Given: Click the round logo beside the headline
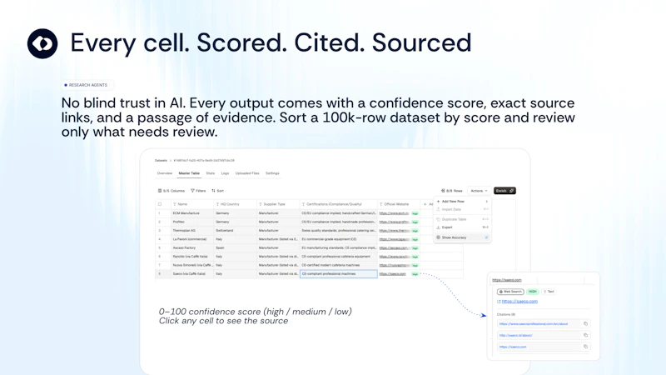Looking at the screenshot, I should pos(42,43).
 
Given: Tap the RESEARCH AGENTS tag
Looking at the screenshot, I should pos(86,85).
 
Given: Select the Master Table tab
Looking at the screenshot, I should pos(189,173).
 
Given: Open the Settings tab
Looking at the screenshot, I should pos(272,173).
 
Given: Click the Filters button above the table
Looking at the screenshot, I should pos(198,191).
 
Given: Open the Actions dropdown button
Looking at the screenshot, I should pos(479,191).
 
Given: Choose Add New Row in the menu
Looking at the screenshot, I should pos(454,201).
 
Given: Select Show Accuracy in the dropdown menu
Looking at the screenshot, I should pos(454,237).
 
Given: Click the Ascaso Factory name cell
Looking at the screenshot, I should pos(184,247).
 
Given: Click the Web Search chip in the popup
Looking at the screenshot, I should pos(510,292).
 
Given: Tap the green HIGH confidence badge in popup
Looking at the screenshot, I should pos(533,292).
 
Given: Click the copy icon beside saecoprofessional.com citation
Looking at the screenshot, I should pos(585,323).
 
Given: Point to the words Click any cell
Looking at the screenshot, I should pos(186,321).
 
